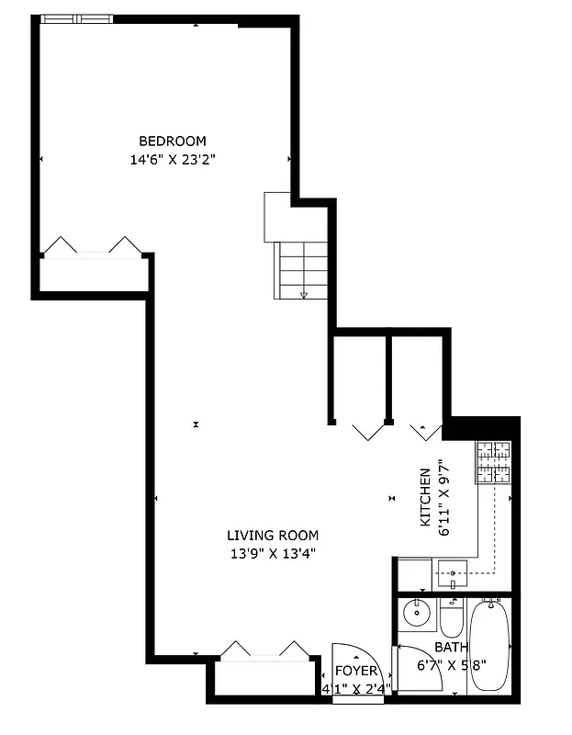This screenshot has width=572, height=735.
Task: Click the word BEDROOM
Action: point(172,141)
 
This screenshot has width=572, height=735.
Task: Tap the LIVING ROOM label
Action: point(273,536)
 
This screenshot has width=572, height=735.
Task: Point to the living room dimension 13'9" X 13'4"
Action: point(273,553)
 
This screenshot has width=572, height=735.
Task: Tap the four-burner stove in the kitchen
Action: point(493,462)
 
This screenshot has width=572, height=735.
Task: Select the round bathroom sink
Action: point(419,611)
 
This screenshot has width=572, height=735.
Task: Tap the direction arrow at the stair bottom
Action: point(304,295)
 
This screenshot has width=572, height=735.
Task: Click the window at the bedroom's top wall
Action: point(77,18)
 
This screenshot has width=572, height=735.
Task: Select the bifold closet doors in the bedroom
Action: point(92,246)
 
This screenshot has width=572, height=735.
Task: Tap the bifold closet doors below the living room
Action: point(264,650)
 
